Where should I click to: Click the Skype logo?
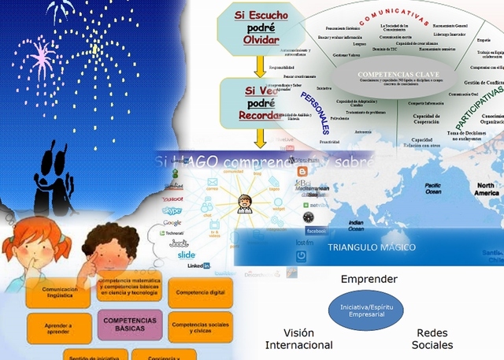[172, 211]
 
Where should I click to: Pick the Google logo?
[172, 223]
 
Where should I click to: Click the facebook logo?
[315, 232]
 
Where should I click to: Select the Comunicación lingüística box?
[59, 291]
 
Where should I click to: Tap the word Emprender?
[369, 279]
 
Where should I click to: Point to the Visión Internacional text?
[298, 339]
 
